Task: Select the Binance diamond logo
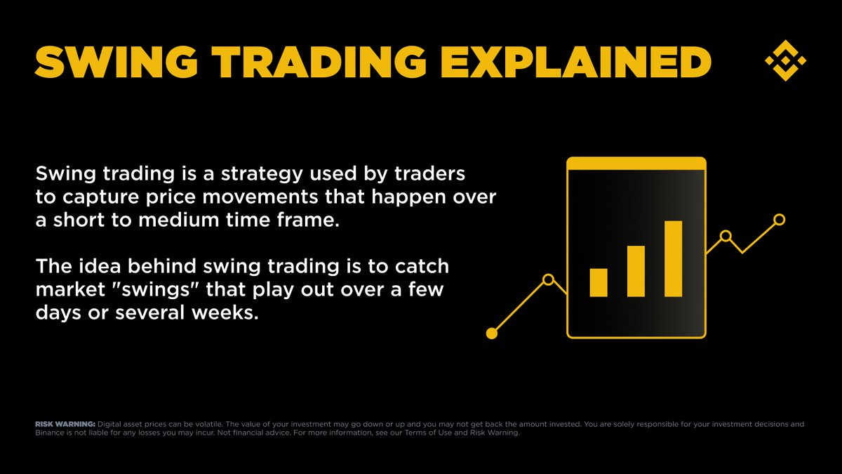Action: point(785,60)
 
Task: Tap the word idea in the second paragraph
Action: point(86,267)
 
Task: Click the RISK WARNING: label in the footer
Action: point(65,424)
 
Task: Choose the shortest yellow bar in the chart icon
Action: point(599,282)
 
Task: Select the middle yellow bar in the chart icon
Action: point(636,271)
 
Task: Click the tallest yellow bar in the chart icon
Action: point(673,258)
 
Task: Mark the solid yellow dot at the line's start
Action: point(492,333)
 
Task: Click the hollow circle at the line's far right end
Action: point(779,220)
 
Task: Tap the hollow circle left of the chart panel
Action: point(549,279)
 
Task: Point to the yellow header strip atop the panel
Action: point(636,163)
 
